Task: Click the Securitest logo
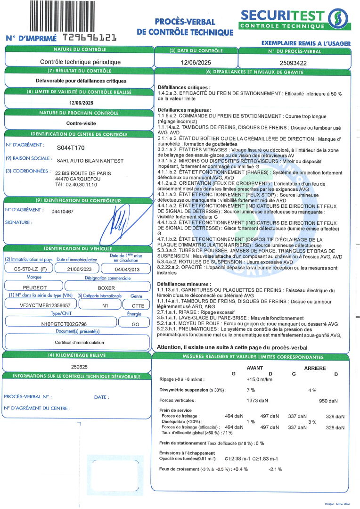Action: [x=295, y=19]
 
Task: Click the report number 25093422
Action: [x=294, y=62]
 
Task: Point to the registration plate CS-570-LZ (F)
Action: [x=28, y=268]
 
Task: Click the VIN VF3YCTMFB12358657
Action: [x=40, y=305]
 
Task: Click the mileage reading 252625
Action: [x=80, y=366]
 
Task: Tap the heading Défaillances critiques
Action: [x=184, y=88]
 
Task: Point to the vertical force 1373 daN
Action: [x=257, y=401]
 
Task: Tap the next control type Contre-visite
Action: [x=79, y=123]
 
